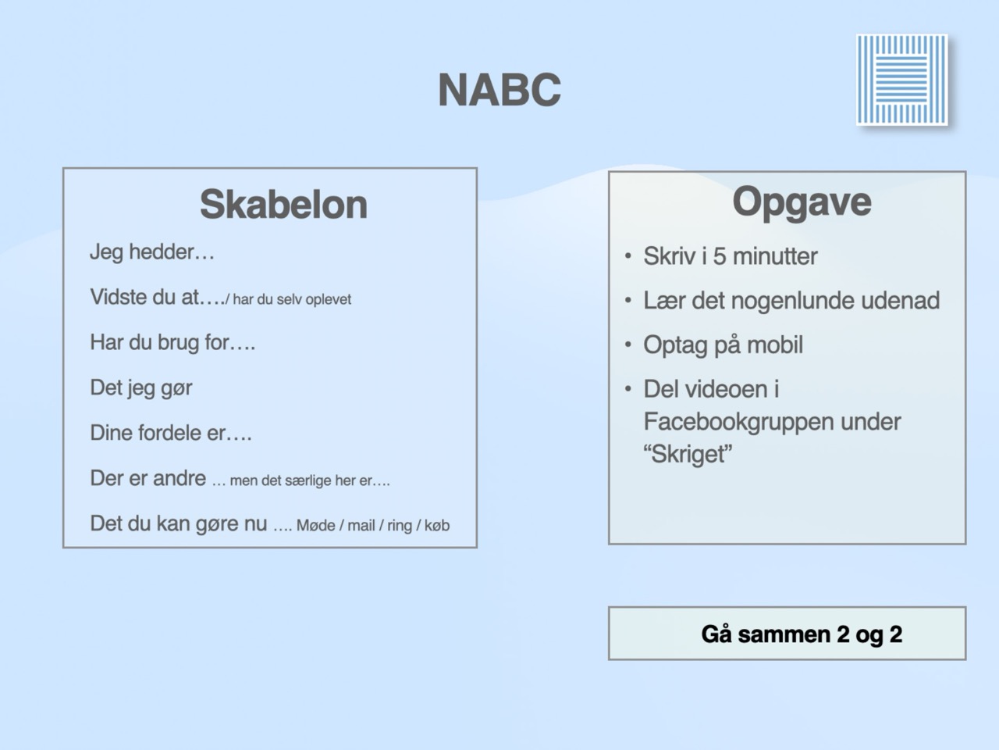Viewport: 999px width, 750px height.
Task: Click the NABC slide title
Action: (x=499, y=90)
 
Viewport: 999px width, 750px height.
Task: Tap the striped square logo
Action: (x=901, y=80)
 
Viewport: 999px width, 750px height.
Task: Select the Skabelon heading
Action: (x=283, y=205)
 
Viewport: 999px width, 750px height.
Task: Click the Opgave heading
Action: (x=802, y=202)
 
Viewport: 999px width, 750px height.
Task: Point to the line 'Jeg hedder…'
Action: (x=152, y=252)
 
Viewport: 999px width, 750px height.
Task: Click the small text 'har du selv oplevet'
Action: (x=292, y=300)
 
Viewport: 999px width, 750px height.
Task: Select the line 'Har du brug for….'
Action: (x=172, y=342)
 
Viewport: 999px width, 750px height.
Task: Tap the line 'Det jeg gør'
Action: (x=141, y=388)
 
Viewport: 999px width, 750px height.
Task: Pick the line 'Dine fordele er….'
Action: (x=171, y=433)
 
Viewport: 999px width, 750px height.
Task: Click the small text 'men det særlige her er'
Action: (x=300, y=481)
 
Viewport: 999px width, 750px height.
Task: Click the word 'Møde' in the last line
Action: (x=316, y=526)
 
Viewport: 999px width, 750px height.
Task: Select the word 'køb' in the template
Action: (x=437, y=526)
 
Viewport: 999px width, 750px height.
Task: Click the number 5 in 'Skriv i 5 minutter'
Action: (x=719, y=256)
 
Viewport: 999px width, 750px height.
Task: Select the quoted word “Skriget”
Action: (x=688, y=455)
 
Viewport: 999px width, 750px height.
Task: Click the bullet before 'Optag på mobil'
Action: (x=628, y=345)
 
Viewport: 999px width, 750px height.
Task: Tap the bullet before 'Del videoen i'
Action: (x=628, y=389)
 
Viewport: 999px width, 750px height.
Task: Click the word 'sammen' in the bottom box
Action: (x=784, y=634)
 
